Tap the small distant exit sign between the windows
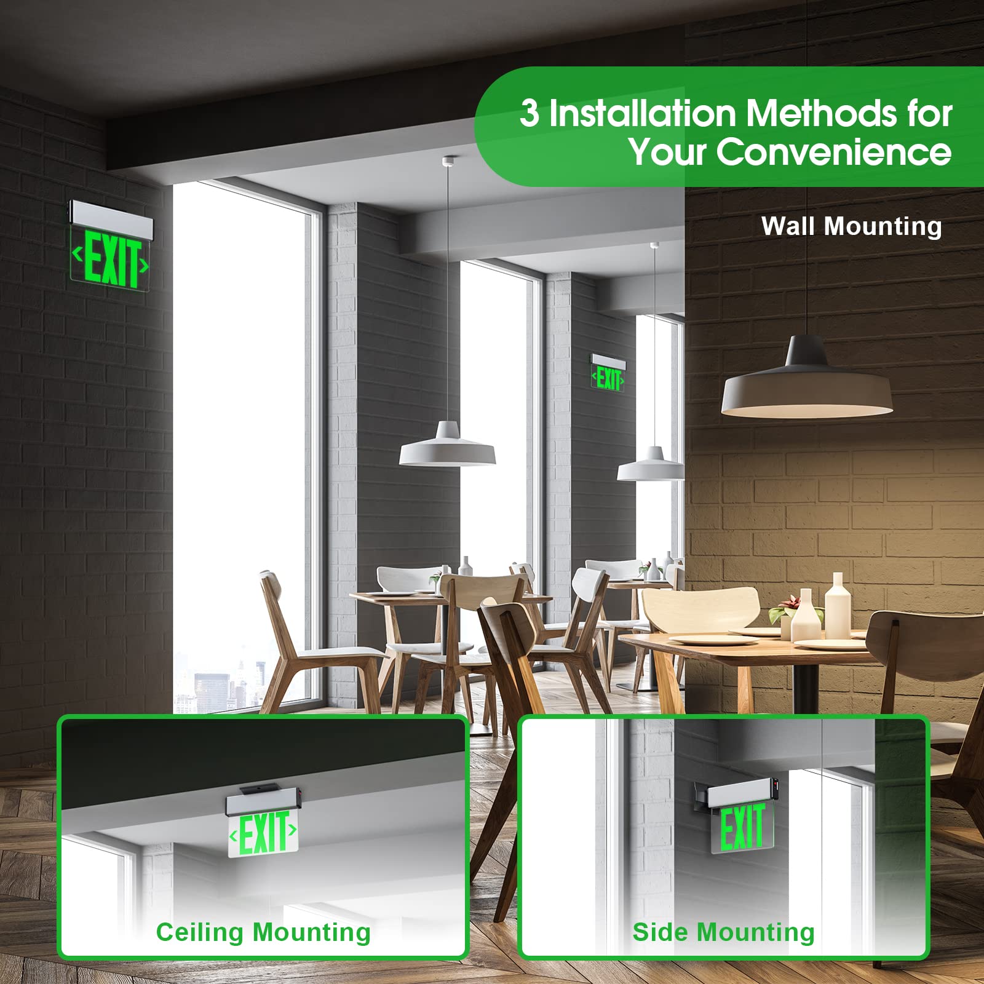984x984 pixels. click(x=608, y=373)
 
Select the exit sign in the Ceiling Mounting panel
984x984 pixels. click(x=264, y=823)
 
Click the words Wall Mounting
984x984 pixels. click(x=851, y=226)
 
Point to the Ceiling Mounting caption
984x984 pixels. click(x=263, y=932)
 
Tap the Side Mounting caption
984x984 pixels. click(x=723, y=932)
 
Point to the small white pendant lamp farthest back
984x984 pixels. click(x=651, y=464)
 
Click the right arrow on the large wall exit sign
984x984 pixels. click(x=144, y=266)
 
